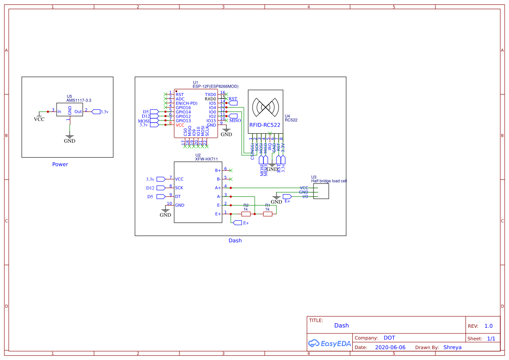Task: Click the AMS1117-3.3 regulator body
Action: tap(69, 111)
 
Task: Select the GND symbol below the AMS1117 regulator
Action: tap(69, 138)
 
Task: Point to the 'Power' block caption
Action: tap(60, 165)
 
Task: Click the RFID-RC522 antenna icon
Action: tap(265, 107)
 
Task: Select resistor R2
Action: tap(246, 214)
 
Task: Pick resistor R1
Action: tap(267, 214)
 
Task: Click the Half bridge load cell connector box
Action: tap(322, 191)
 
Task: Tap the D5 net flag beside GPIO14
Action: tap(154, 112)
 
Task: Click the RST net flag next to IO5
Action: tap(233, 103)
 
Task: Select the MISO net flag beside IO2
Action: tap(233, 116)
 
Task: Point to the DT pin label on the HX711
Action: tap(178, 196)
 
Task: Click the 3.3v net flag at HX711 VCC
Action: tap(160, 179)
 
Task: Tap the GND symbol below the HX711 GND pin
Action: tap(165, 212)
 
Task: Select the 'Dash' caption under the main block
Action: tap(235, 240)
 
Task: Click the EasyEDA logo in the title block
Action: tap(329, 343)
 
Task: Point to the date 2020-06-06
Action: tap(390, 347)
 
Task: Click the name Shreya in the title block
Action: tap(452, 347)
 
